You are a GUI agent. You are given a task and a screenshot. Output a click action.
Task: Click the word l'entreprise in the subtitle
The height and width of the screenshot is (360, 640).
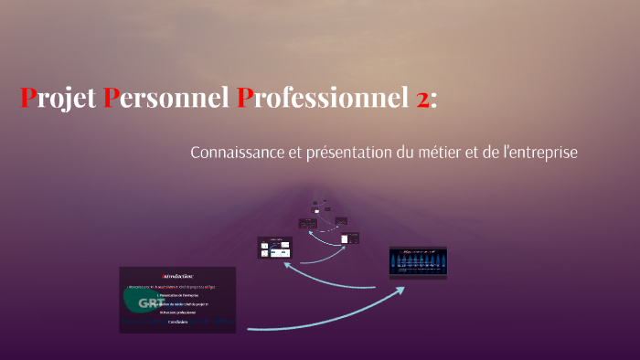point(539,153)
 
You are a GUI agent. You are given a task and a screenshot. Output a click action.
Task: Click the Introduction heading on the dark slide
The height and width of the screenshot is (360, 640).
point(177,275)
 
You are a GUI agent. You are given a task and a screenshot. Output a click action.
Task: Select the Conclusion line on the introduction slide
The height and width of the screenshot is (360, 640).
point(177,322)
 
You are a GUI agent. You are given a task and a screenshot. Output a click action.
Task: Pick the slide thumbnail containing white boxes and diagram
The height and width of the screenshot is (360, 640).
point(275,247)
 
